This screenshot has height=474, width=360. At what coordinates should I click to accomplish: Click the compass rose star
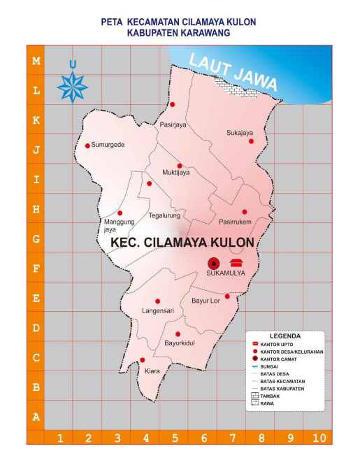(x=72, y=87)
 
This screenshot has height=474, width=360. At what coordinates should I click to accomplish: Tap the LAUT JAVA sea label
(x=235, y=71)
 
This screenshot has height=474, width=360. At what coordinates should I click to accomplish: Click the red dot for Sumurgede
(x=87, y=146)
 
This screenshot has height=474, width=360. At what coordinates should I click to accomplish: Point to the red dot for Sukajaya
(x=251, y=141)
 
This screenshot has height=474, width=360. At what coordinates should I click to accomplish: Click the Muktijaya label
(x=176, y=173)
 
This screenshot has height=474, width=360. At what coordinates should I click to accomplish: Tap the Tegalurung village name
(x=164, y=215)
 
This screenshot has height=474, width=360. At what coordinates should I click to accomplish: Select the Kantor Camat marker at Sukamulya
(x=213, y=263)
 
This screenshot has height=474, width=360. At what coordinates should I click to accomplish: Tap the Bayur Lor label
(x=206, y=301)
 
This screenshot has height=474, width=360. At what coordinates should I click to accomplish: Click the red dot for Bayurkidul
(x=178, y=334)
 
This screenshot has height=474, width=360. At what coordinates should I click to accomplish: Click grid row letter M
(x=36, y=61)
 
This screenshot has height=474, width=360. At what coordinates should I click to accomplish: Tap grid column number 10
(x=319, y=438)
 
